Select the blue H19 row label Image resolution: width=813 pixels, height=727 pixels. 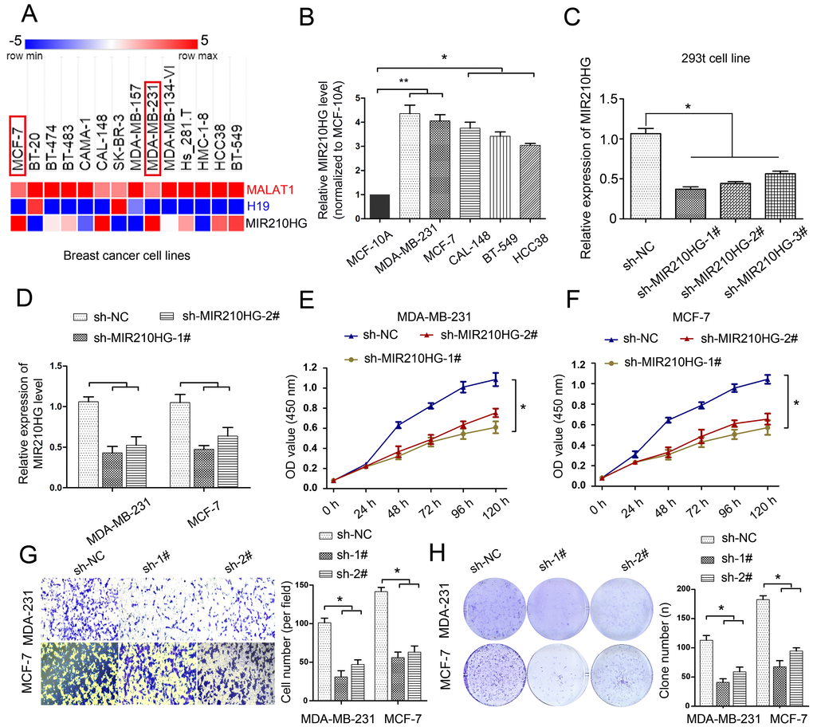coord(259,204)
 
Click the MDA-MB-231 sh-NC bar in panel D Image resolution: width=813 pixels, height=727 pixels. coord(88,444)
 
